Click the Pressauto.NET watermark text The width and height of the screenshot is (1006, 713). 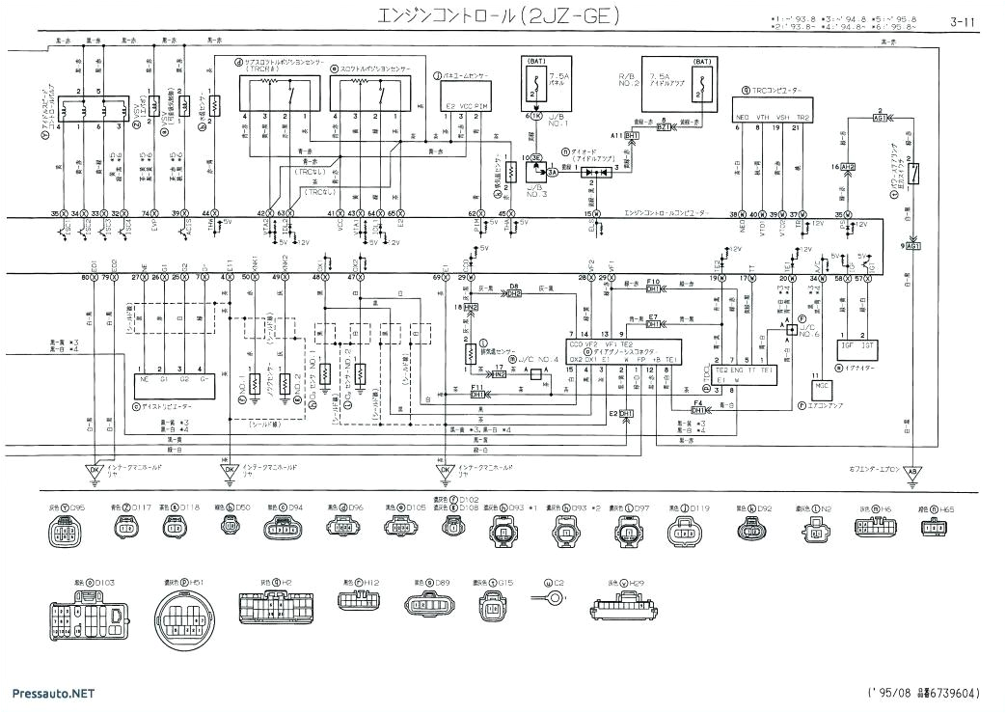[53, 693]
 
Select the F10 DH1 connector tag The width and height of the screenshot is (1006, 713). [653, 288]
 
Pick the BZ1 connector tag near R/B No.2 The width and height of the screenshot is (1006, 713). [664, 125]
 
